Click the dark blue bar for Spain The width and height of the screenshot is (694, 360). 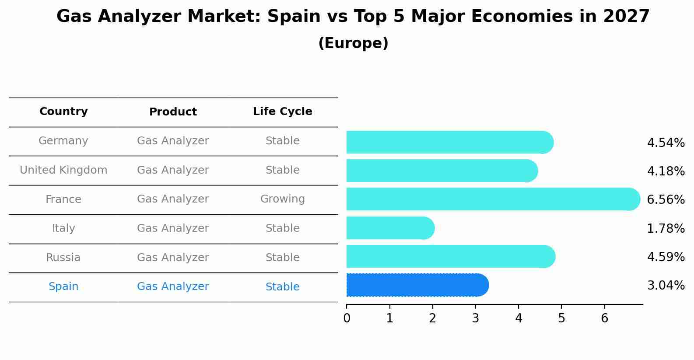(x=416, y=285)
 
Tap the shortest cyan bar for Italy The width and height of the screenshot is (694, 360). (x=389, y=228)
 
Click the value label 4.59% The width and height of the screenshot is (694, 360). (x=666, y=257)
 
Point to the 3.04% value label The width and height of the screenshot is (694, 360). (x=666, y=286)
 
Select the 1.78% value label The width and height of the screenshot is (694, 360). (x=666, y=228)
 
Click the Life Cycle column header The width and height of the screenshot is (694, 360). (x=282, y=112)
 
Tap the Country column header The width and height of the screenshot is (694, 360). (x=63, y=112)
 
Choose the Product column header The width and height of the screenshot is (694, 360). (x=173, y=112)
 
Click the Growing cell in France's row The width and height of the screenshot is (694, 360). (x=282, y=199)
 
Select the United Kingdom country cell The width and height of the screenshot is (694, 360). (x=63, y=170)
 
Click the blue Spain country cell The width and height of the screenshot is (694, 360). (x=63, y=287)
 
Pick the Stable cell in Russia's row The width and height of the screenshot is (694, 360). (x=282, y=258)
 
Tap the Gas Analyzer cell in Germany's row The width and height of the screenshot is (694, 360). (x=173, y=141)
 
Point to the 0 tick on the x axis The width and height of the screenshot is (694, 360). (x=347, y=318)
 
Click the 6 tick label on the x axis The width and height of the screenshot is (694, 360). (x=604, y=318)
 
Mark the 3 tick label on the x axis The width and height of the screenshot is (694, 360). (x=476, y=318)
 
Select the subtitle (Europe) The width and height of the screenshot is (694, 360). (x=353, y=43)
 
